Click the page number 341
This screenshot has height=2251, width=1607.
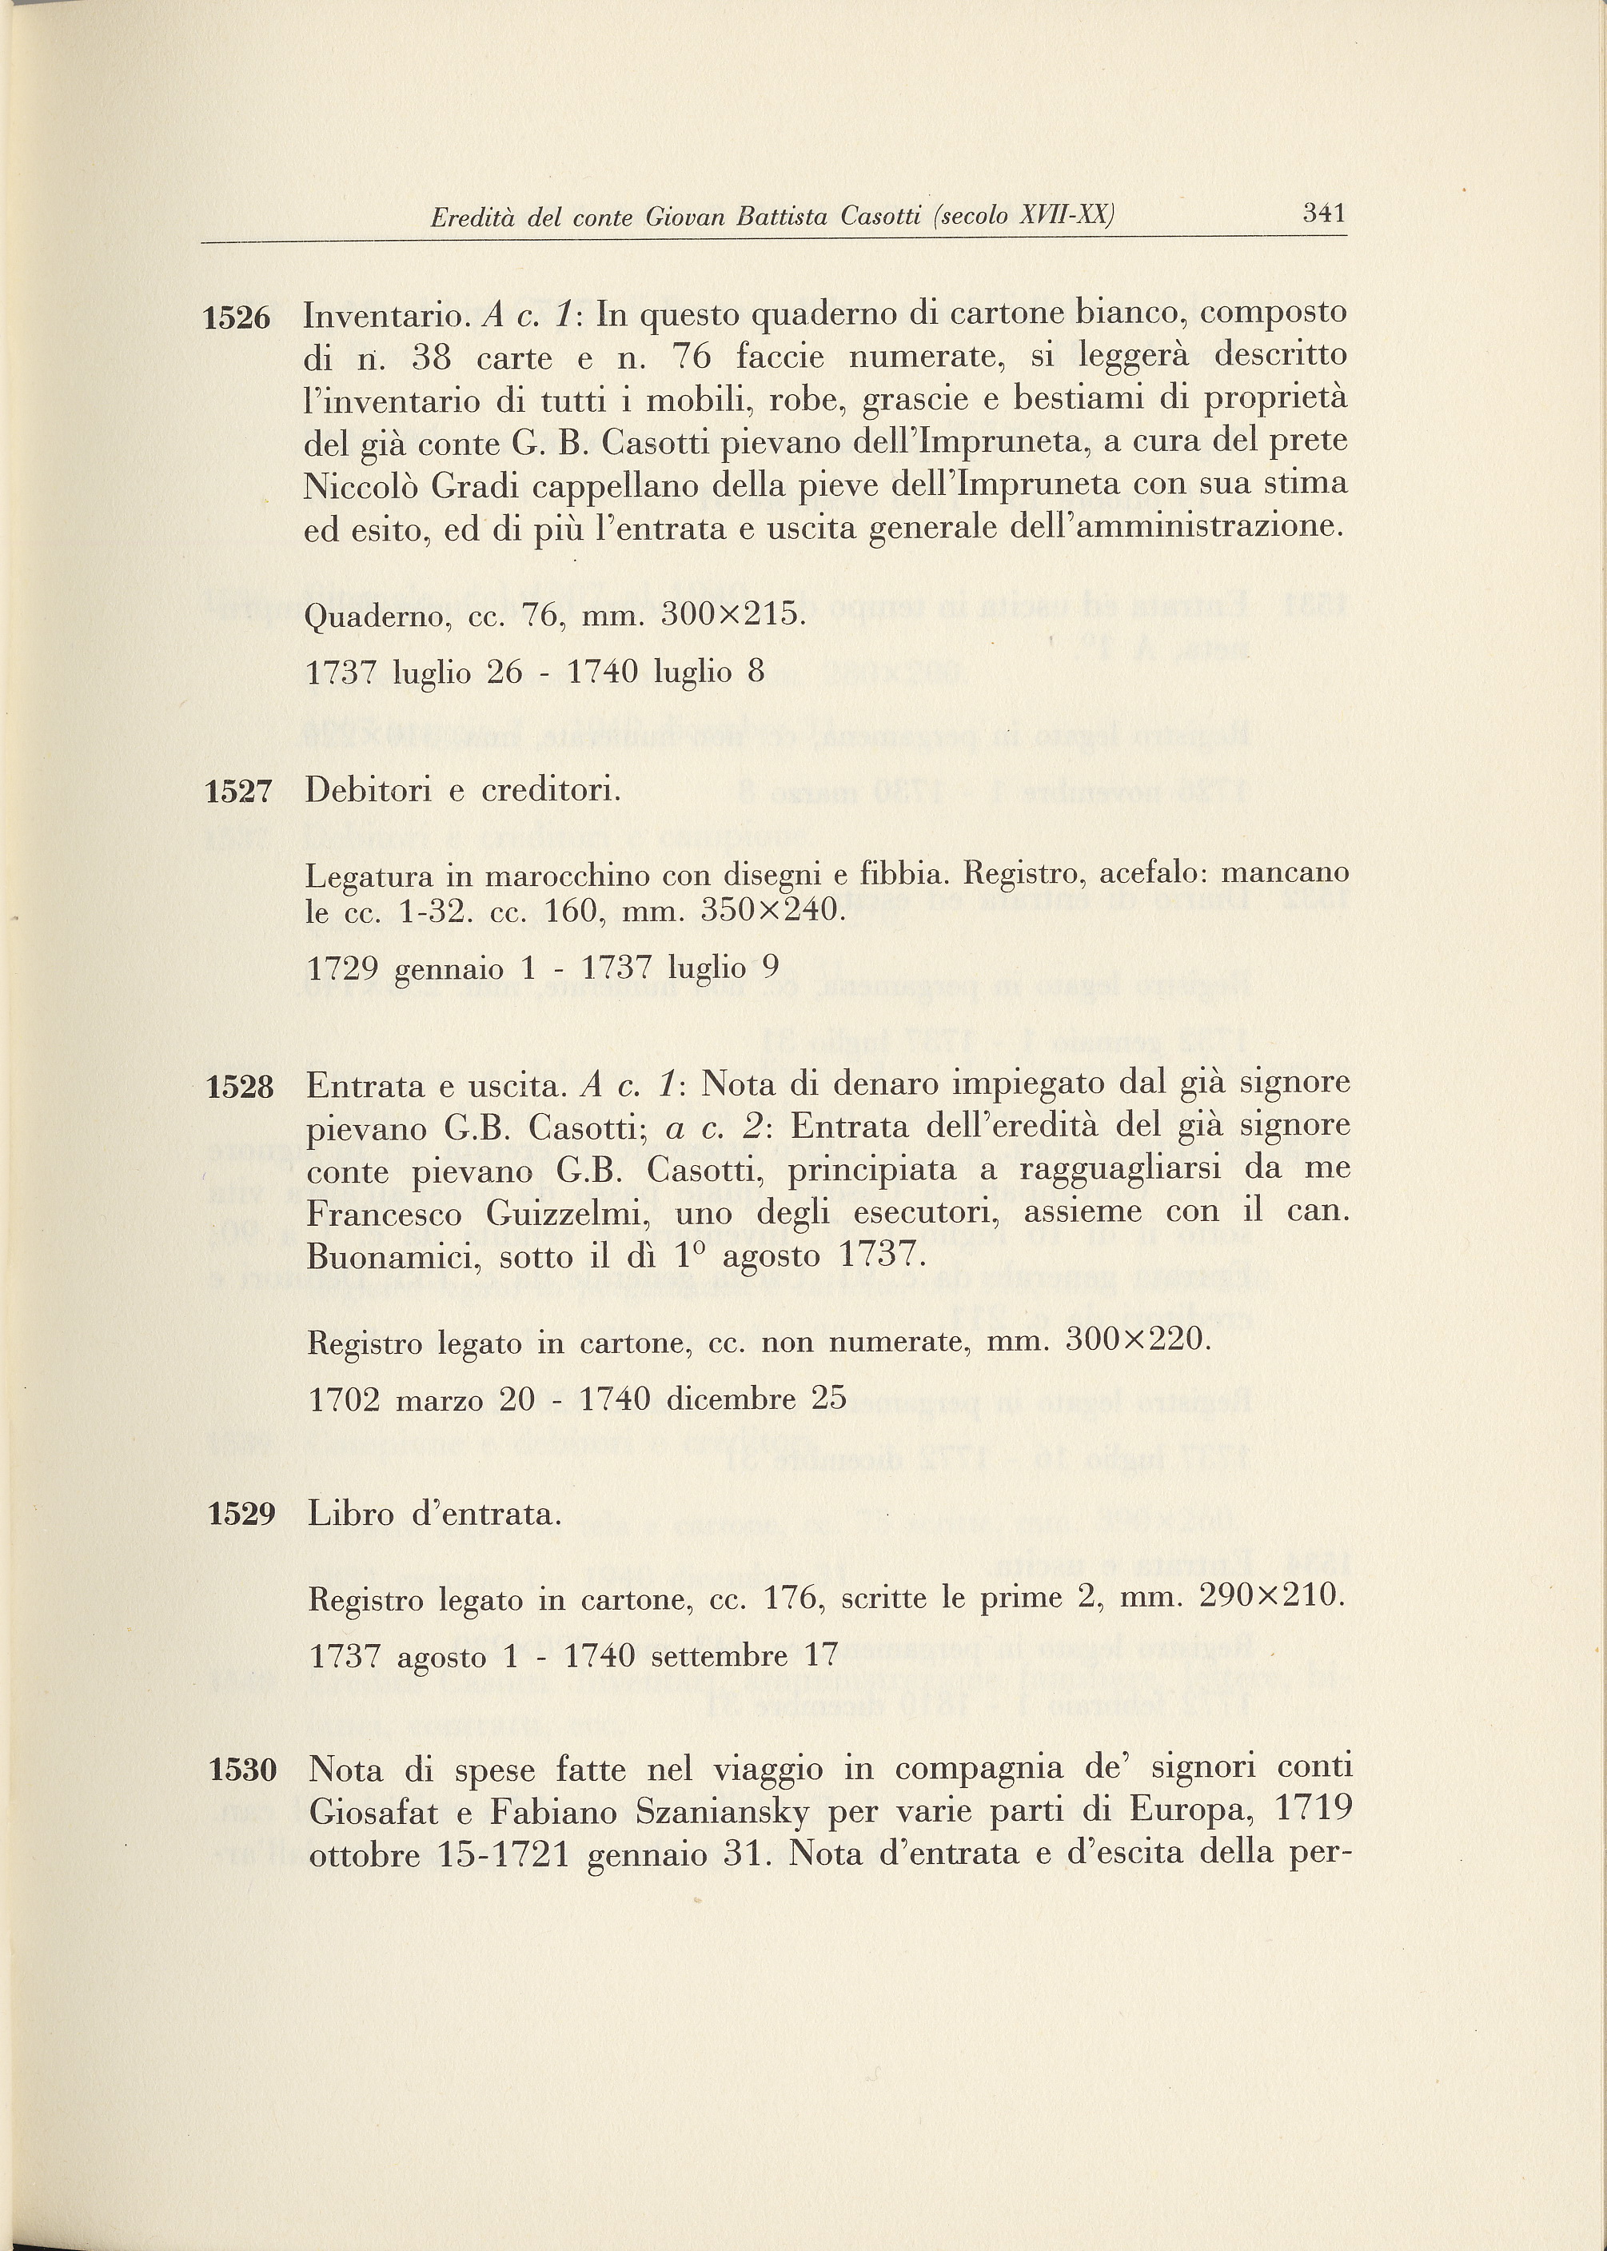1324,213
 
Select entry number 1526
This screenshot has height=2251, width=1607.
236,318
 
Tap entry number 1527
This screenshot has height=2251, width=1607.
237,792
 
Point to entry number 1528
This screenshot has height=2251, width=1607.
240,1088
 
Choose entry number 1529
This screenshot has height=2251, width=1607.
241,1515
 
